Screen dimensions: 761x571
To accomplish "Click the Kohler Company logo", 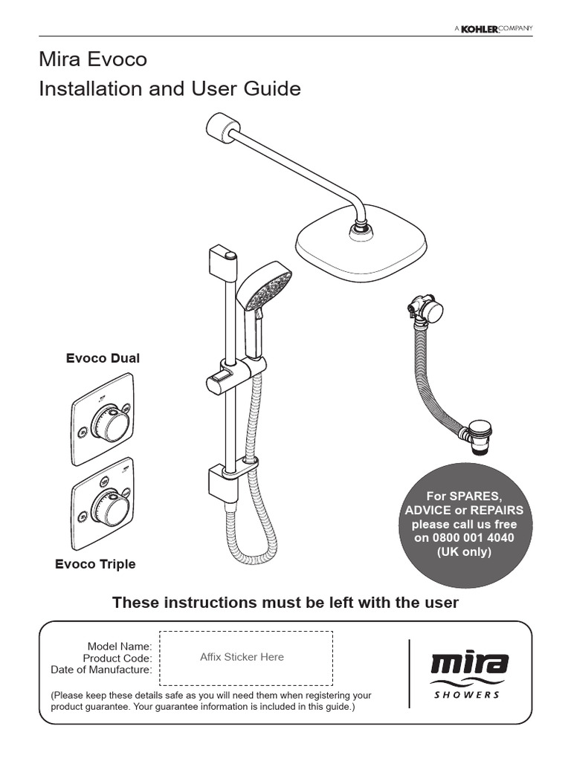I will [x=494, y=28].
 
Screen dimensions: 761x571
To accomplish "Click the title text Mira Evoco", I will [x=94, y=59].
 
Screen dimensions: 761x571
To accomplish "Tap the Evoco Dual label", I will [x=103, y=358].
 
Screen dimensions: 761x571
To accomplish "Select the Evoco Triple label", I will [x=95, y=564].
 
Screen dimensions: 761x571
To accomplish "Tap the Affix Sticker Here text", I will [x=242, y=657].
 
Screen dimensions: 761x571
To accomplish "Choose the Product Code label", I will [x=117, y=658].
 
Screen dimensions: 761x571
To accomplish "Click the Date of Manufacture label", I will [x=101, y=670].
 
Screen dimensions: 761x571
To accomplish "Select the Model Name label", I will [x=120, y=646].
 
